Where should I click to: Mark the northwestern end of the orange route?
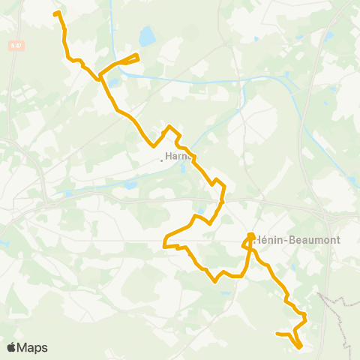[55, 13]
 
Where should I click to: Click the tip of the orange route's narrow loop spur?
[139, 55]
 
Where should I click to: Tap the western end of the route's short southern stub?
[277, 334]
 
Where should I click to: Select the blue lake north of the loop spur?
[146, 34]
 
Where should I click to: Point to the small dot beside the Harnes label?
[162, 158]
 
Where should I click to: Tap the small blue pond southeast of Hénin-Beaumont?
[294, 266]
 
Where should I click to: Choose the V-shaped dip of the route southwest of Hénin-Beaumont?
[216, 282]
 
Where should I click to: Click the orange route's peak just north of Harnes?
[170, 126]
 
